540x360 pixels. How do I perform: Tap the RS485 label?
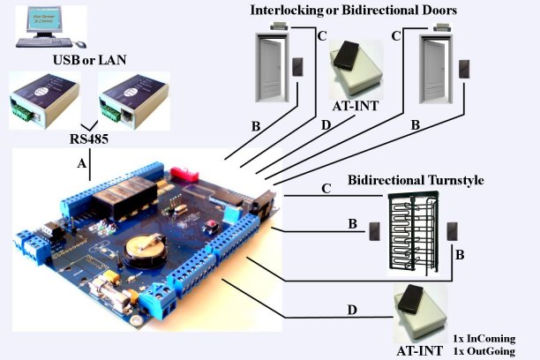[x=91, y=139]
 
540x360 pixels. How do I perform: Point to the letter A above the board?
[x=81, y=163]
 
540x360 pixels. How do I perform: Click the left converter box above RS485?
[x=43, y=99]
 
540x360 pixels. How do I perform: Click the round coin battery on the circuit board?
[x=140, y=252]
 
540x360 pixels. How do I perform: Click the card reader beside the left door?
[x=303, y=67]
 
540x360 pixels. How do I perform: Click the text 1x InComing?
[x=483, y=338]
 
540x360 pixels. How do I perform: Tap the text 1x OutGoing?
[x=483, y=350]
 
